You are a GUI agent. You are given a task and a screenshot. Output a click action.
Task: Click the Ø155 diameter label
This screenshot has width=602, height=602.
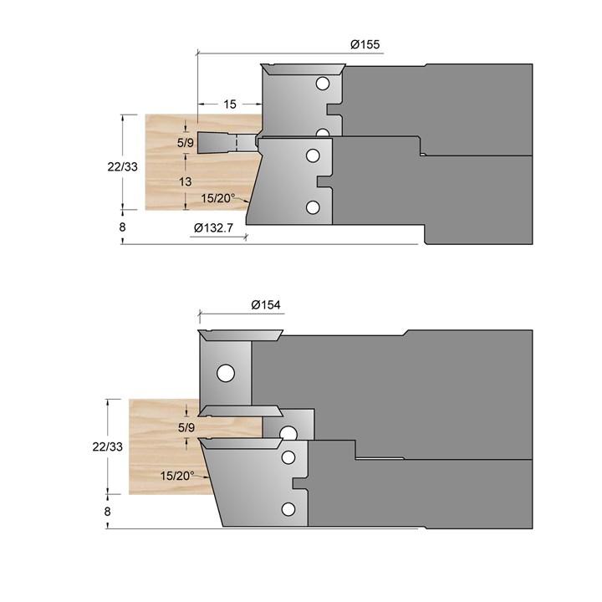click(x=365, y=44)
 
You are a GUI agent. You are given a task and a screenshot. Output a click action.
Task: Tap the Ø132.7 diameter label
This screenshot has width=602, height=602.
click(x=213, y=228)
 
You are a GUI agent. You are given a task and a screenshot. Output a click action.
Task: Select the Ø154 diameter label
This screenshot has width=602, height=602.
click(x=266, y=305)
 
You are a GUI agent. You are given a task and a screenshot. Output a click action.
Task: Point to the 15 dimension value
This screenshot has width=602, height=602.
click(x=230, y=104)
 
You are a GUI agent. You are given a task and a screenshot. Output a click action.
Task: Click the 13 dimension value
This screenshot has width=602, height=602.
click(x=185, y=181)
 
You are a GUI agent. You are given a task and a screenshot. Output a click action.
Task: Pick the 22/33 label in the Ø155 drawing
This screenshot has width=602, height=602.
click(x=122, y=166)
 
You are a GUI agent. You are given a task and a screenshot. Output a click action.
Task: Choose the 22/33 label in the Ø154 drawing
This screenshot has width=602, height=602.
click(x=108, y=446)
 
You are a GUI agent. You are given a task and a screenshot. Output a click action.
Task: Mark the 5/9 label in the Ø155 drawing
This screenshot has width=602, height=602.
click(x=186, y=143)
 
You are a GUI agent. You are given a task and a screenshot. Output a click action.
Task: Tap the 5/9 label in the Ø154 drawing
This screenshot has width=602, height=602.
click(x=186, y=427)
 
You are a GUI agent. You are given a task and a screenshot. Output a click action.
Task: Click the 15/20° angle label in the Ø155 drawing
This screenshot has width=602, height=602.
click(x=218, y=198)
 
